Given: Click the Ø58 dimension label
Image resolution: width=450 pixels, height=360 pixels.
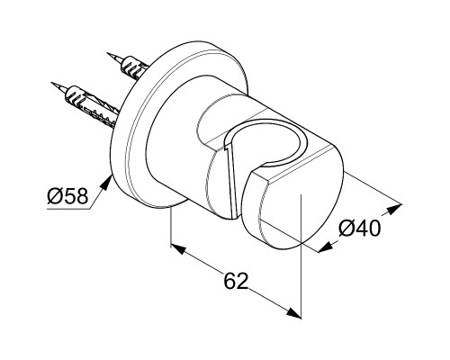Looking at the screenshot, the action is click(67, 196).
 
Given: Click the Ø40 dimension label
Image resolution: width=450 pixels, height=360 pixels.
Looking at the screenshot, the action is click(360, 229).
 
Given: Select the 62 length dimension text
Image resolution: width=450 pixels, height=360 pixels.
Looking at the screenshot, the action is click(237, 281).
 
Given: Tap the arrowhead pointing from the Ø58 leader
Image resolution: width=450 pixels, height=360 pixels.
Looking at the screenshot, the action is click(105, 182).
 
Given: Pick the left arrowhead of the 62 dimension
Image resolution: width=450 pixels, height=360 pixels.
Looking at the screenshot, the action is click(179, 248).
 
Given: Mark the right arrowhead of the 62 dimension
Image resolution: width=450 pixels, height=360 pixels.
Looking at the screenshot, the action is click(292, 312).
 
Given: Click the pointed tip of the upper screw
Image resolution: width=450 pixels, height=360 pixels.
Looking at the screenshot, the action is click(107, 53).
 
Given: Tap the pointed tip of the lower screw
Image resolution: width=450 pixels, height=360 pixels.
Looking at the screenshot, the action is click(51, 83).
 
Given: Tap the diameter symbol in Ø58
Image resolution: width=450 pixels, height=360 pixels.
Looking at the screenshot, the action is click(54, 196).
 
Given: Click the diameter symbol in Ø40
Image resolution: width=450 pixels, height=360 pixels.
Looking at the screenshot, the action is click(346, 229).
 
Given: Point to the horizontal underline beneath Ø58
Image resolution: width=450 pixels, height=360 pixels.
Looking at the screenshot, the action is click(68, 208).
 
